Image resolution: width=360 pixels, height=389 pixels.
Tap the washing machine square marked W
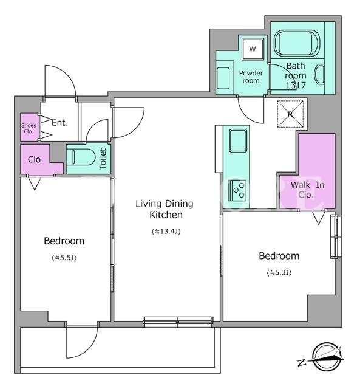coord(253,49)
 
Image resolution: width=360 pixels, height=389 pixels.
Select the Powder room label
coord(251,77)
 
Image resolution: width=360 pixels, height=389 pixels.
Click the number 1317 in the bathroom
coord(296,85)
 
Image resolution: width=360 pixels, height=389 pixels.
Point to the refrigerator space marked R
coord(290,114)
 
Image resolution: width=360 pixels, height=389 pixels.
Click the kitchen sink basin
coord(238,140)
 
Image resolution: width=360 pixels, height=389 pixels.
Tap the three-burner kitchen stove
coord(237,190)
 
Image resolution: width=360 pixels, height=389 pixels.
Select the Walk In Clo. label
coord(307,190)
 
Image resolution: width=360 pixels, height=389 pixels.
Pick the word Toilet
coord(103,159)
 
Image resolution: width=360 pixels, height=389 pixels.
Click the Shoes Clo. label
coord(29,128)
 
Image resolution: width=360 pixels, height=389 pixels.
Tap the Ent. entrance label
coord(59,123)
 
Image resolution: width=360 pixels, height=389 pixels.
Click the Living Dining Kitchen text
coord(165,209)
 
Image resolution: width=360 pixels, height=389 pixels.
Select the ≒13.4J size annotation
coord(166,232)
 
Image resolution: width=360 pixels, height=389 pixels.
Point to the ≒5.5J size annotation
coord(64,258)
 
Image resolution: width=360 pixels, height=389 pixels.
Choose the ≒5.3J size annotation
coord(279,273)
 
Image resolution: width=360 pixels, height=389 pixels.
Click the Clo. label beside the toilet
coord(35,159)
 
